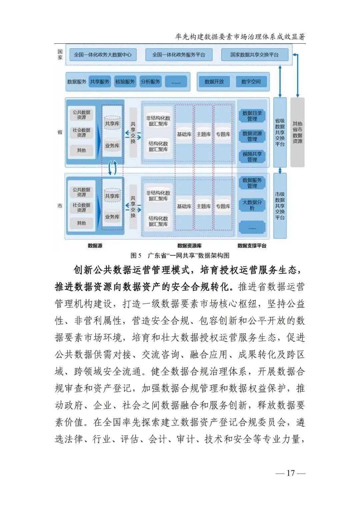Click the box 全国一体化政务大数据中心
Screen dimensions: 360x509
tap(103, 55)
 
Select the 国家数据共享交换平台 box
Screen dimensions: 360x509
tap(255, 55)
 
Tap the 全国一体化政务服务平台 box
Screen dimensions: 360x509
tap(179, 55)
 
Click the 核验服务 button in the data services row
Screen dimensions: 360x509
tap(125, 82)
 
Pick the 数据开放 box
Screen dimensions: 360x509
tap(214, 82)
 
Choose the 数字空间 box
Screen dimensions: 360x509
tap(251, 82)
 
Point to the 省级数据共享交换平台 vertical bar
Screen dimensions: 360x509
tap(280, 132)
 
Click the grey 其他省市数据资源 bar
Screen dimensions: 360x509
tap(297, 132)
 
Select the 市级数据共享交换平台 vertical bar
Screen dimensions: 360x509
tap(280, 206)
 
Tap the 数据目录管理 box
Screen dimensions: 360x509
tap(252, 116)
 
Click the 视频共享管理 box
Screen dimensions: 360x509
tap(252, 157)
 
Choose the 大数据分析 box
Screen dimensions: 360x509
tap(252, 205)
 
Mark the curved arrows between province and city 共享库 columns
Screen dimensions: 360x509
tap(112, 168)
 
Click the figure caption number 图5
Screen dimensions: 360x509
tap(136, 256)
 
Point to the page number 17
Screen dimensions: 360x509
tap(291, 473)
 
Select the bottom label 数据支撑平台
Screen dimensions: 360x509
tap(252, 246)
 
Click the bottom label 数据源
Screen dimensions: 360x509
tap(95, 246)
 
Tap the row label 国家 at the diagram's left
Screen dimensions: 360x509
tap(60, 55)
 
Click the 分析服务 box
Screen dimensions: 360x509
tap(150, 82)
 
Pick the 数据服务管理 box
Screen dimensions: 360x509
tap(252, 183)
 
